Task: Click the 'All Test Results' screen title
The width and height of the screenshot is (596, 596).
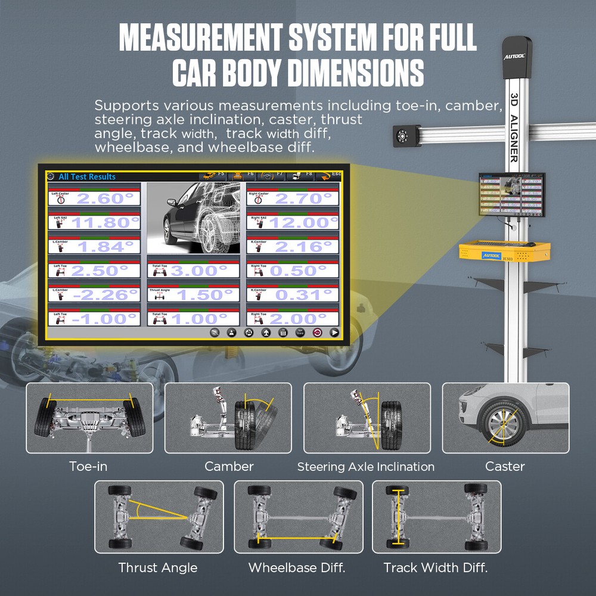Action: [87, 176]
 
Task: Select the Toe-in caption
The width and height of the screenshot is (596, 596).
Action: [88, 466]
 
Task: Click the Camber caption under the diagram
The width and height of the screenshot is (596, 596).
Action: [229, 466]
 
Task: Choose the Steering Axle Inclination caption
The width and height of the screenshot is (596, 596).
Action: [366, 467]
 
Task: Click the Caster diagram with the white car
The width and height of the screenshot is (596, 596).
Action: [505, 417]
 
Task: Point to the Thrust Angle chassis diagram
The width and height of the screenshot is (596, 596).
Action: [159, 517]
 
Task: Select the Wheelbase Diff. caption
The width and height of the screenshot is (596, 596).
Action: [297, 567]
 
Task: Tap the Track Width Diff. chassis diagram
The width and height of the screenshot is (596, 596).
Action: [436, 517]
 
